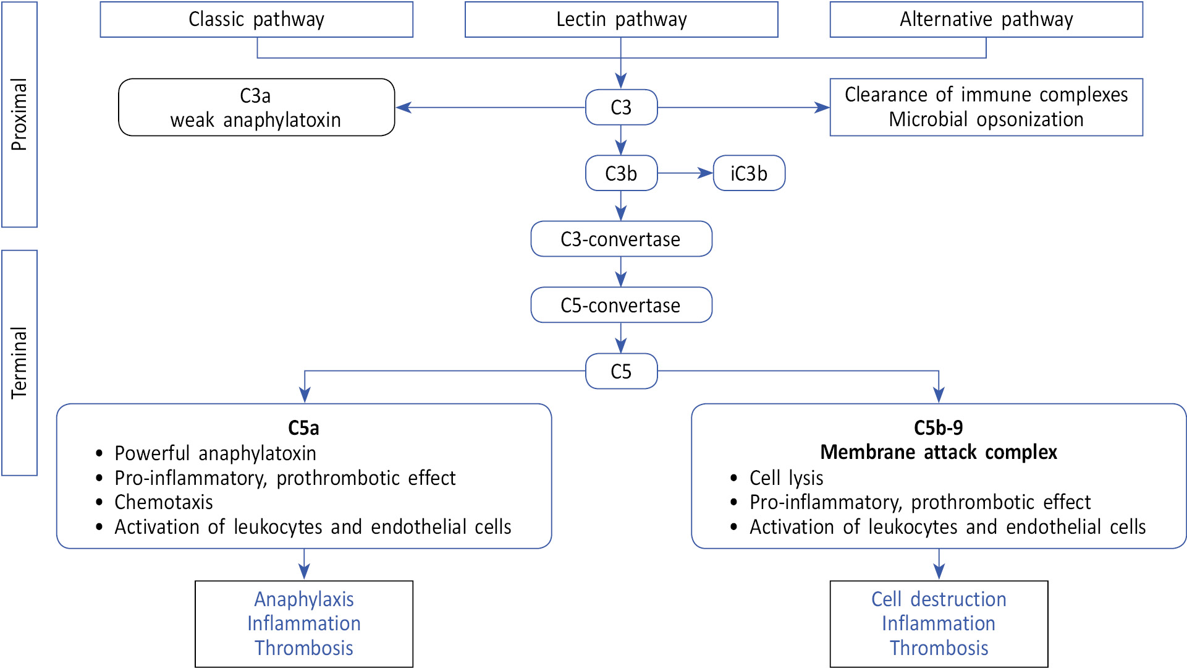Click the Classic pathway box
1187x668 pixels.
pyautogui.click(x=256, y=20)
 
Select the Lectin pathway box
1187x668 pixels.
pyautogui.click(x=621, y=20)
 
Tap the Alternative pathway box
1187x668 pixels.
pyautogui.click(x=986, y=20)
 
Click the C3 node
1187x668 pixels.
pyautogui.click(x=621, y=108)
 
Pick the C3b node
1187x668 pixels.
pyautogui.click(x=621, y=173)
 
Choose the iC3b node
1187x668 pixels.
pyautogui.click(x=749, y=173)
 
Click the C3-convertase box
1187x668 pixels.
pyautogui.click(x=621, y=239)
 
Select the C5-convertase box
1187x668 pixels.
pyautogui.click(x=621, y=305)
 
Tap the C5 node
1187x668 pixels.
pyautogui.click(x=621, y=371)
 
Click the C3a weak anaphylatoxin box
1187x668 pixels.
pyautogui.click(x=256, y=108)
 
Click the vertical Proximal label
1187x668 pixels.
pyautogui.click(x=20, y=114)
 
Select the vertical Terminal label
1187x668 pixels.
pyautogui.click(x=20, y=362)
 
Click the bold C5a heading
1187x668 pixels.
pyautogui.click(x=303, y=428)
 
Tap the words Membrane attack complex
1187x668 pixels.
pyautogui.click(x=939, y=452)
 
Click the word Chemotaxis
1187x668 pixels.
pyautogui.click(x=164, y=502)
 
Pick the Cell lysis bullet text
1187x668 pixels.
pyautogui.click(x=786, y=478)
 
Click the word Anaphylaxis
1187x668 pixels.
pyautogui.click(x=304, y=599)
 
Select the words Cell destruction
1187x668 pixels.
pyautogui.click(x=939, y=599)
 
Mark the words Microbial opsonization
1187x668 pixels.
pyautogui.click(x=986, y=119)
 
